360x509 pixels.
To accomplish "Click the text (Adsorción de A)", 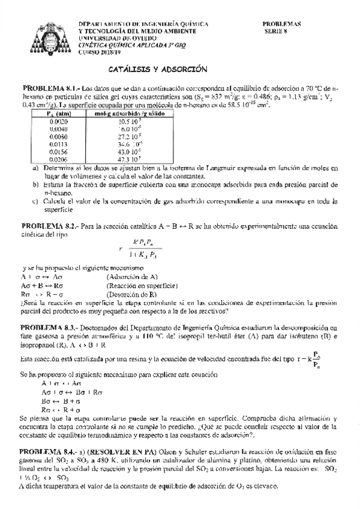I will (x=132, y=277).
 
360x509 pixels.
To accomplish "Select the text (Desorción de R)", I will (x=131, y=295).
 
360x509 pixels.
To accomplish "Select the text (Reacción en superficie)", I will (x=140, y=286).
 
